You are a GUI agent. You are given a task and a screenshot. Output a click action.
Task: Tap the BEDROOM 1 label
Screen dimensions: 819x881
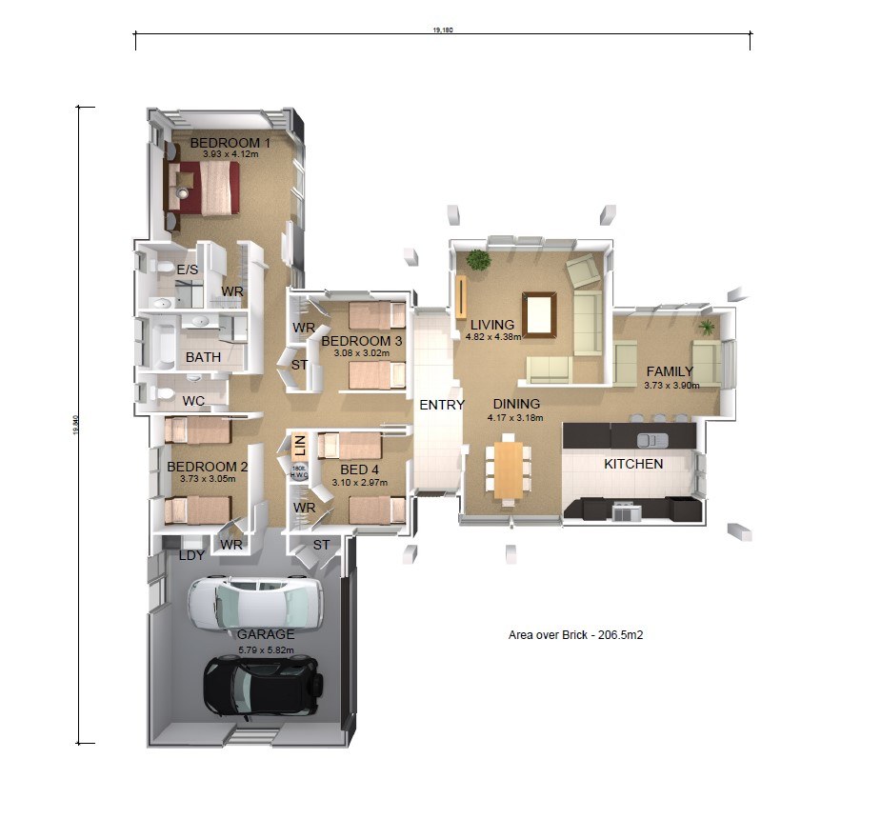tap(230, 143)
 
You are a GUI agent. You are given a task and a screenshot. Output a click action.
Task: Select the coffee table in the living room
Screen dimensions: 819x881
tap(539, 314)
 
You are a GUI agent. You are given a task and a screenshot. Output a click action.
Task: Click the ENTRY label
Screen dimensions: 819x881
tap(442, 405)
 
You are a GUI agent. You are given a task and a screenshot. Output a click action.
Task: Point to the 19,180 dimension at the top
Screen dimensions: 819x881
tap(442, 30)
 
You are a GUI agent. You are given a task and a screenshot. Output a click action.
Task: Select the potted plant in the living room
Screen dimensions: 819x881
tap(478, 259)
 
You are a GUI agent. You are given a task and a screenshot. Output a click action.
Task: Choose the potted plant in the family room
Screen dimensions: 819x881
tap(707, 327)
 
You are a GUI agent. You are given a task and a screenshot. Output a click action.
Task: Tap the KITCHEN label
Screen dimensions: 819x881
tap(633, 464)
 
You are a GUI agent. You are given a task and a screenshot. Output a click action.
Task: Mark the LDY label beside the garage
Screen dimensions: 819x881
tap(192, 554)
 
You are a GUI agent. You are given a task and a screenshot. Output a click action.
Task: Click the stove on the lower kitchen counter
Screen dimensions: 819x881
tap(626, 511)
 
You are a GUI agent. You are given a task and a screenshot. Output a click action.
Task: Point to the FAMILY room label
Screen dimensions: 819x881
tap(670, 371)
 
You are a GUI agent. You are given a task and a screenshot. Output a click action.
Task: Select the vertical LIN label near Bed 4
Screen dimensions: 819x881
tap(297, 444)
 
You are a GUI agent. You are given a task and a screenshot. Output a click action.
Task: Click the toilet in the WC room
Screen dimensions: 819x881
tap(162, 393)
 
